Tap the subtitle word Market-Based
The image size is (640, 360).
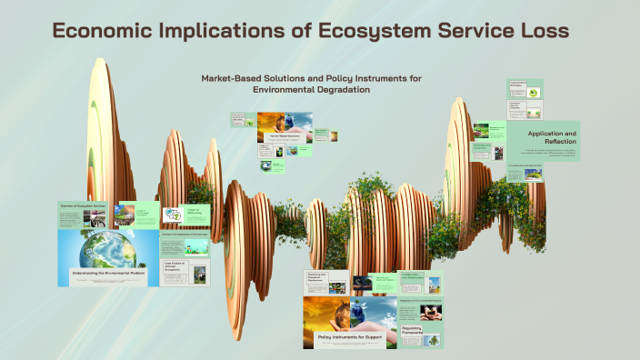(238, 78)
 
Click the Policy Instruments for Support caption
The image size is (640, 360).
(350, 337)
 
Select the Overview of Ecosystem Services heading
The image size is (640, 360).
(84, 205)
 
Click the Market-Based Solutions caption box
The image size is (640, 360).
(285, 136)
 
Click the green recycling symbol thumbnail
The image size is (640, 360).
(171, 215)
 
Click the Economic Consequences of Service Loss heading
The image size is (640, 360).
(185, 235)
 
